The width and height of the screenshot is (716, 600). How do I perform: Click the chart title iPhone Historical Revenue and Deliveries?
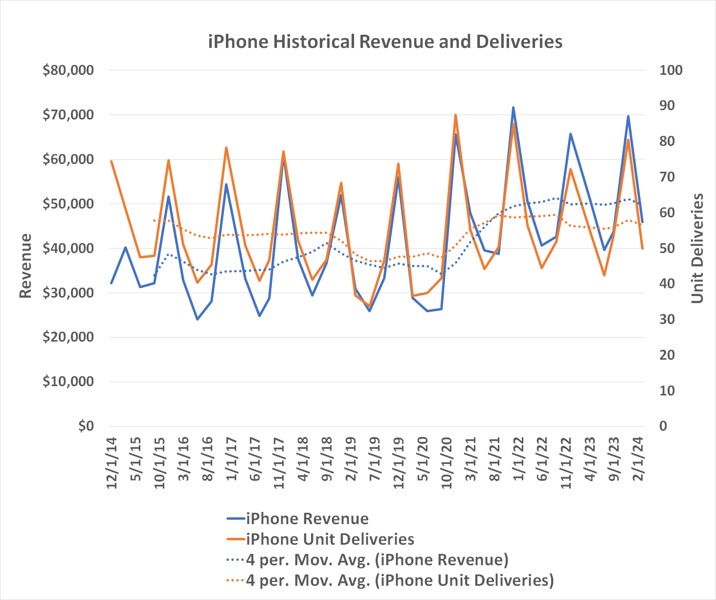pos(385,42)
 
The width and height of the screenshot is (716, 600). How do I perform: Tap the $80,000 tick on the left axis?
pos(68,70)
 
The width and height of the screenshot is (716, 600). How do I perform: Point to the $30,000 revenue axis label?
pos(68,293)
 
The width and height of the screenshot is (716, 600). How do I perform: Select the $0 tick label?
pos(86,426)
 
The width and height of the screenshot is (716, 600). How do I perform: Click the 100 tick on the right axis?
pos(671,70)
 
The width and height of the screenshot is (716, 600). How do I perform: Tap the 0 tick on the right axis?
pos(664,426)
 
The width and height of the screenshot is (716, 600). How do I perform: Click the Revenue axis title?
pos(25,266)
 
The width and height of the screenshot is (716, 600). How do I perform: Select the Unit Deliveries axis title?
pos(697,249)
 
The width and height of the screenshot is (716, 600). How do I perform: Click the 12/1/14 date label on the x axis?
pos(112,462)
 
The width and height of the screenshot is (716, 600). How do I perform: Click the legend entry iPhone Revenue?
pos(307,518)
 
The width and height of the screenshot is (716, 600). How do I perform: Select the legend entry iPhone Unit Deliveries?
pos(330,539)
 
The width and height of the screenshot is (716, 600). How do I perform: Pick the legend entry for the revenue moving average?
pos(377,559)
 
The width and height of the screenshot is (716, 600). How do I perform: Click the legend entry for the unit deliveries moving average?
pos(400,580)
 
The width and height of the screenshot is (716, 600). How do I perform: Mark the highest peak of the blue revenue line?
pos(513,107)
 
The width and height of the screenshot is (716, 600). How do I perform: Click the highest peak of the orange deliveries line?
pos(455,115)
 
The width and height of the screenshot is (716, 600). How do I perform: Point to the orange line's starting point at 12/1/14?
pos(112,161)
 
